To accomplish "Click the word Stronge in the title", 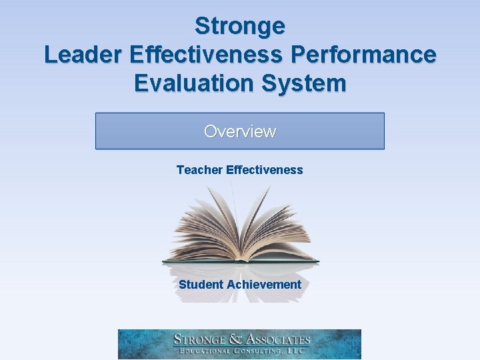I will coord(240,26).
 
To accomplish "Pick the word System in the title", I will coord(309,83).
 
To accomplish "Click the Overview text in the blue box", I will coord(240,131).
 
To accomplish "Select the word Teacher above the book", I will coord(199,170).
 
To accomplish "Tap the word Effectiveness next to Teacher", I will coord(265,170).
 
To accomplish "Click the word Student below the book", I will coord(201,285).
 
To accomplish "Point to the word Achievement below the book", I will coord(264,285).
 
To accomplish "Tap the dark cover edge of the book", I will coord(240,261).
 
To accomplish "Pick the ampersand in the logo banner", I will coord(234,339).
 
